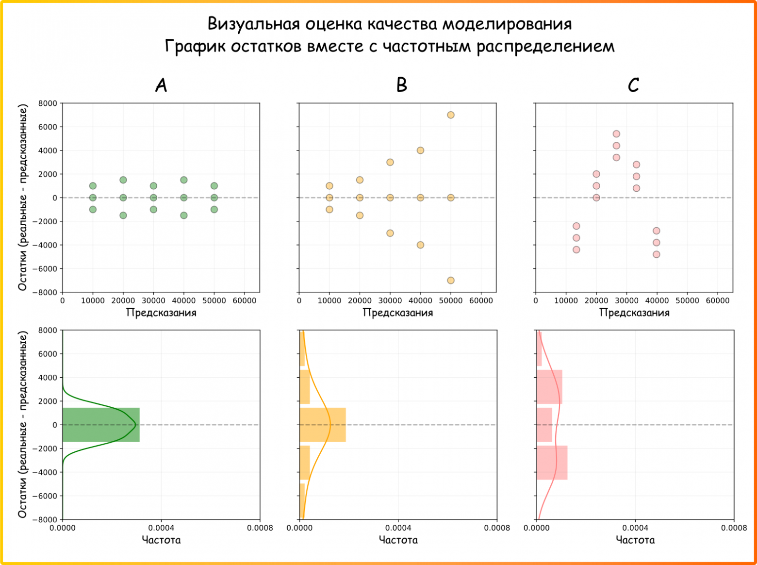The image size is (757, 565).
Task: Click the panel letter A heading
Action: click(161, 85)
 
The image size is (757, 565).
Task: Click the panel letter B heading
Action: click(401, 85)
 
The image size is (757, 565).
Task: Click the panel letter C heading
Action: click(633, 85)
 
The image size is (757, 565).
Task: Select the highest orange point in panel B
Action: click(450, 115)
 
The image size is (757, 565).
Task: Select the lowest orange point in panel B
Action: click(450, 280)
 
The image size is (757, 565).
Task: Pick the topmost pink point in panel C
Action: click(616, 134)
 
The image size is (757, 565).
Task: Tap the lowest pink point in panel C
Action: click(656, 254)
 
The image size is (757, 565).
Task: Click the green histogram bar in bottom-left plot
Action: click(101, 425)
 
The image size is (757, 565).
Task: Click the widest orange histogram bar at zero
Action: click(322, 425)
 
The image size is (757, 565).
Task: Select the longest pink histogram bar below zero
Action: click(552, 463)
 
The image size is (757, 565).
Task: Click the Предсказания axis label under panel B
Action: click(397, 313)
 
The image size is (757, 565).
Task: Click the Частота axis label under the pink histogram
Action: click(635, 540)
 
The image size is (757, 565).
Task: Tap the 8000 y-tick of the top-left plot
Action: click(48, 103)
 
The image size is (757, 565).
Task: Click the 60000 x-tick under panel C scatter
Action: click(717, 301)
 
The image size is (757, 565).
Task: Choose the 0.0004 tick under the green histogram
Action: click(161, 528)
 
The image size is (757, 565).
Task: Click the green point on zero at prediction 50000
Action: click(214, 198)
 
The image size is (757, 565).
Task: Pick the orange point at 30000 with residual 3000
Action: click(390, 162)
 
